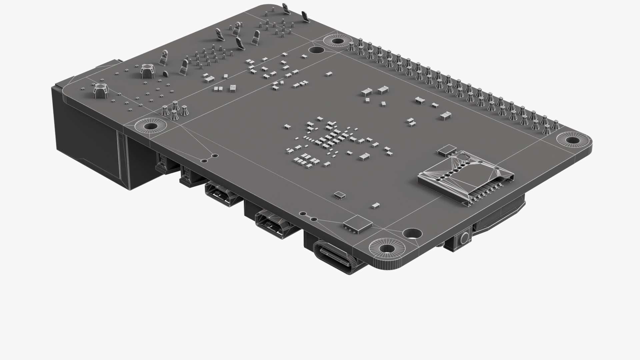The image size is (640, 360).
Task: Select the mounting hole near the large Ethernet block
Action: (x=151, y=126)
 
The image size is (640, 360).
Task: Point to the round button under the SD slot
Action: (x=464, y=239)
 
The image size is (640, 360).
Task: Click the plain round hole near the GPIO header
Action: (x=316, y=50)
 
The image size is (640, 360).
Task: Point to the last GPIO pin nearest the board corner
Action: (x=555, y=125)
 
